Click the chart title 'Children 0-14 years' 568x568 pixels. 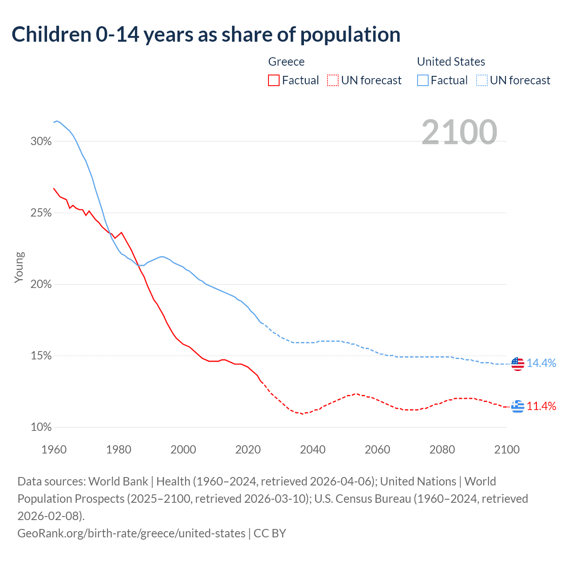(x=206, y=35)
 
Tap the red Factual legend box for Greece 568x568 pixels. (x=274, y=80)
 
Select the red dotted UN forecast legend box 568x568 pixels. (x=333, y=80)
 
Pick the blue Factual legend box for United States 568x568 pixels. (x=423, y=80)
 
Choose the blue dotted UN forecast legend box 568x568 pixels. (x=482, y=80)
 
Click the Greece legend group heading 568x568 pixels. (x=286, y=62)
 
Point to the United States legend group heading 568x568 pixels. (x=451, y=62)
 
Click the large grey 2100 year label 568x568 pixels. (x=459, y=132)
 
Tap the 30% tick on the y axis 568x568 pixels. (x=41, y=142)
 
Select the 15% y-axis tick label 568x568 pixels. (x=41, y=356)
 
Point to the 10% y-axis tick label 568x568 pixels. (x=41, y=427)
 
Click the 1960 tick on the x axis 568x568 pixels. (x=54, y=450)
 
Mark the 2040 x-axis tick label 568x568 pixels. (x=313, y=450)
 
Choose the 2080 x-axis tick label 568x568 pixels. (x=442, y=450)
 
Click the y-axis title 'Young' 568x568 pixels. (x=19, y=267)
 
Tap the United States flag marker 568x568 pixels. (x=517, y=364)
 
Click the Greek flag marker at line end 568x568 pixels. (x=517, y=406)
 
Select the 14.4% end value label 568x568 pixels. (x=541, y=363)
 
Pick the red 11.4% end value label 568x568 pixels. (x=541, y=406)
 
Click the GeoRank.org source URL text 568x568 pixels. (x=131, y=533)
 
